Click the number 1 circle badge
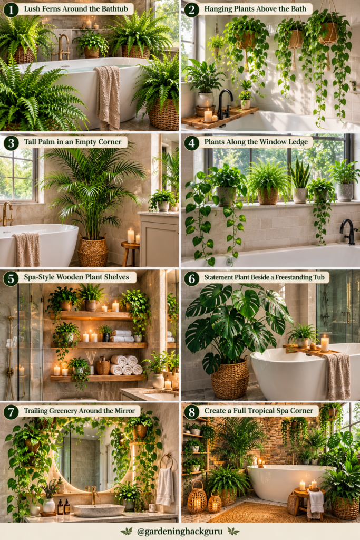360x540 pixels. click(x=11, y=9)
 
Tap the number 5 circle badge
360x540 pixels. click(x=11, y=278)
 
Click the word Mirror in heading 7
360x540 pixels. click(x=125, y=410)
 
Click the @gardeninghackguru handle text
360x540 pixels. click(x=180, y=531)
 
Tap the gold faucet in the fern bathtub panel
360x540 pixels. click(x=63, y=47)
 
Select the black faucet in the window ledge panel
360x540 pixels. click(x=347, y=231)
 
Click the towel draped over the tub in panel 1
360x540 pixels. click(x=108, y=97)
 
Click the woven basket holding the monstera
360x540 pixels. click(x=229, y=378)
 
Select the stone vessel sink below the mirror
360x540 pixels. click(x=99, y=510)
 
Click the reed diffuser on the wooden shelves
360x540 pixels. click(x=91, y=362)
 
